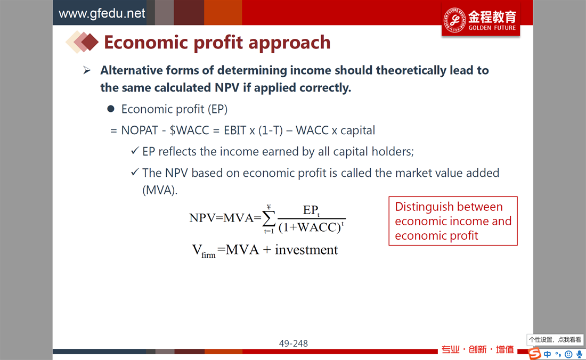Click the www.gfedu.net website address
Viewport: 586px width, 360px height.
coord(102,13)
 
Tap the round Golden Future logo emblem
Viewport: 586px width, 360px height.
coord(454,20)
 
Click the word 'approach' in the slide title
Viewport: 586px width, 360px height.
coord(289,43)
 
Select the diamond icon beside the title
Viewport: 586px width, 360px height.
coord(82,42)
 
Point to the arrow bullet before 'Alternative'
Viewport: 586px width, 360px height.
coord(87,70)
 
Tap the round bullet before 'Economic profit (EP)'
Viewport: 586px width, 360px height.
coord(111,109)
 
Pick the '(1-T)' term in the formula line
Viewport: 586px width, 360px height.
coord(270,130)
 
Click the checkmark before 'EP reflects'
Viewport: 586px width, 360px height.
coord(135,151)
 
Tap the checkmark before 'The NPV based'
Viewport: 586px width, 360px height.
coord(135,172)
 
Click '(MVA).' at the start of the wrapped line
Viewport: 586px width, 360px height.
coord(160,190)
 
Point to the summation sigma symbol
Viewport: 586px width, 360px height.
coord(268,218)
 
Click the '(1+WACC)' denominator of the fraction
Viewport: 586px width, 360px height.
coord(310,227)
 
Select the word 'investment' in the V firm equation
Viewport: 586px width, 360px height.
coord(306,249)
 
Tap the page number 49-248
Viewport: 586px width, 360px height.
coord(294,343)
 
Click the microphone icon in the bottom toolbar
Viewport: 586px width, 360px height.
coord(579,354)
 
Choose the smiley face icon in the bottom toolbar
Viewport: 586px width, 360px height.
coord(568,354)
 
